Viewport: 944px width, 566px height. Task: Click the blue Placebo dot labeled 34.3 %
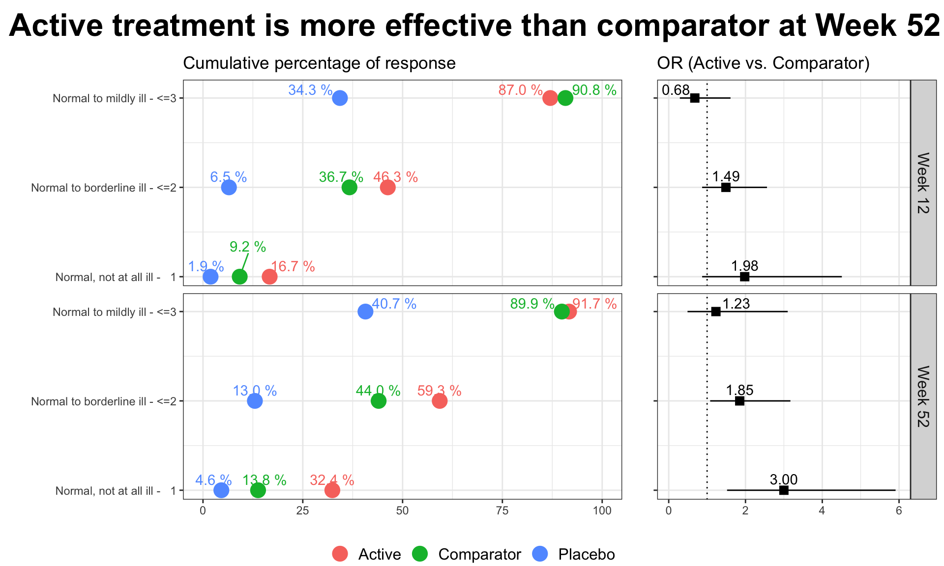coord(340,98)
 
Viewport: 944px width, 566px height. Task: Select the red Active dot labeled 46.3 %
coord(387,187)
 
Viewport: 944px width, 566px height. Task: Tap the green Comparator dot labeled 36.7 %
coord(349,187)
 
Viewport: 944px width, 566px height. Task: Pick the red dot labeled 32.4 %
coord(332,490)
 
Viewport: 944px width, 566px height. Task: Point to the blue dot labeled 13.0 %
coord(255,401)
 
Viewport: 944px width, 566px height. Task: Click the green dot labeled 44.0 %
coord(379,401)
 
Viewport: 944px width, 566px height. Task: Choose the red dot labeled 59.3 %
coord(440,401)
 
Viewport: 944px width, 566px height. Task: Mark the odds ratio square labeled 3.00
coord(784,490)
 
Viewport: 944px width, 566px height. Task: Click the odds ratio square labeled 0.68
coord(695,98)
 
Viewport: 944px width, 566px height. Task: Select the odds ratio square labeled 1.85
coord(739,401)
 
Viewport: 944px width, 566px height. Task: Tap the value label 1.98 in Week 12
coord(744,266)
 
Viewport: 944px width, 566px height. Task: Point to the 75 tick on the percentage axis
coord(502,511)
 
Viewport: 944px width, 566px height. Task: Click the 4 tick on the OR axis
coord(822,511)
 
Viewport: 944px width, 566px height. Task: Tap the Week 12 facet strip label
coord(923,183)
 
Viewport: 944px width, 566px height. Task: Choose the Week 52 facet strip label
coord(923,396)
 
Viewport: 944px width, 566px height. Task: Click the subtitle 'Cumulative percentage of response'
coord(319,63)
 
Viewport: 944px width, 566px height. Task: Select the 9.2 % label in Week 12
coord(248,247)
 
